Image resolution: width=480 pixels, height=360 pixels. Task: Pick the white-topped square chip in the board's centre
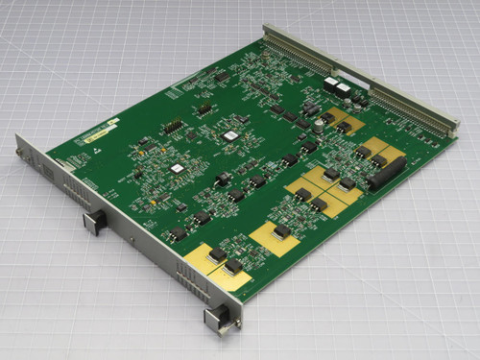coord(230,136)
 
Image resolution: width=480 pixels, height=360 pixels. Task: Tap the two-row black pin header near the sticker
coord(173,126)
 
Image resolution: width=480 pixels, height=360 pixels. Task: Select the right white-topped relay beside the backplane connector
coord(343,89)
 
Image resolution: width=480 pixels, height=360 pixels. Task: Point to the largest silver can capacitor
coord(317,124)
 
